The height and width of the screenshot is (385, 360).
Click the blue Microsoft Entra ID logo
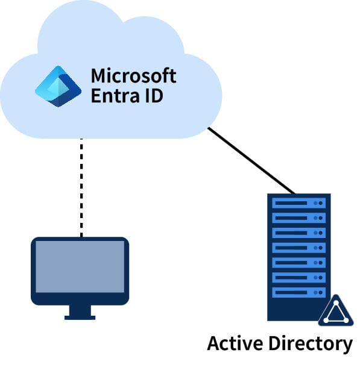58,86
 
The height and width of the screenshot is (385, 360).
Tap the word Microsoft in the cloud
133,77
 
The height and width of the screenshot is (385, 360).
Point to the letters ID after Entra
153,96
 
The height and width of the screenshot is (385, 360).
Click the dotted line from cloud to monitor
81,187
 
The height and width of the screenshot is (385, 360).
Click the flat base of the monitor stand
80,316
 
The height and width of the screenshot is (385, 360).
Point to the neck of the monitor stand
80,308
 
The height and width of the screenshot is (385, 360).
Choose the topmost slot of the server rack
299,203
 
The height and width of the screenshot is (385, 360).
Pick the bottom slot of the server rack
299,292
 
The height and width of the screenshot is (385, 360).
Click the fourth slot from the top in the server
299,248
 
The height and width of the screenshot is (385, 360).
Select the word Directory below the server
309,344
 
